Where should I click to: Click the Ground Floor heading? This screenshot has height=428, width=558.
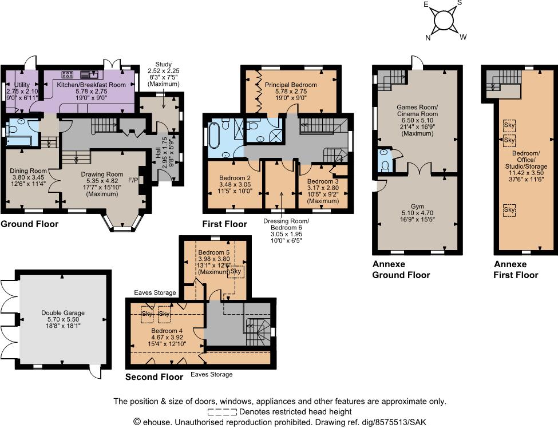coord(29,224)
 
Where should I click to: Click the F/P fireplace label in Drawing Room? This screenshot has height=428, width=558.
coord(133,180)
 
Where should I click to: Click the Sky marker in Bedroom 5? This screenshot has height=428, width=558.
coord(236,271)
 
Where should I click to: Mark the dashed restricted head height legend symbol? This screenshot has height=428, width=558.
coord(222,411)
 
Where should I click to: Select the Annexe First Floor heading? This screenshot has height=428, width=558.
coord(516,270)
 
